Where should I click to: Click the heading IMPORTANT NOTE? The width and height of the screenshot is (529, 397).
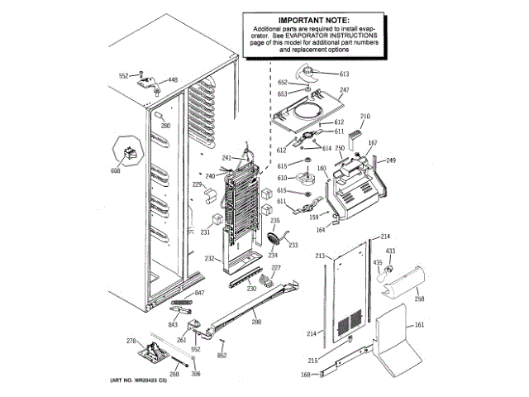tap(312, 19)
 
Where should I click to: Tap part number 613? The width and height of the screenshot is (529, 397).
tap(345, 74)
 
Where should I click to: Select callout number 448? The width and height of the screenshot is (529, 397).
tap(173, 79)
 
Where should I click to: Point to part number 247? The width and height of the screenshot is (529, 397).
tap(345, 89)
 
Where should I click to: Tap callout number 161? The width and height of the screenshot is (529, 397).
tap(419, 325)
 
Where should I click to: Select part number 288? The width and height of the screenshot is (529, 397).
tap(256, 321)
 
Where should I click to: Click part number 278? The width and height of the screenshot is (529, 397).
tap(130, 341)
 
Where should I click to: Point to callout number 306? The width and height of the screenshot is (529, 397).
tap(196, 374)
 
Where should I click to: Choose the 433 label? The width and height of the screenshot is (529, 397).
tap(390, 251)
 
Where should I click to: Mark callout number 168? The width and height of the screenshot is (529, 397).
tap(305, 375)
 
